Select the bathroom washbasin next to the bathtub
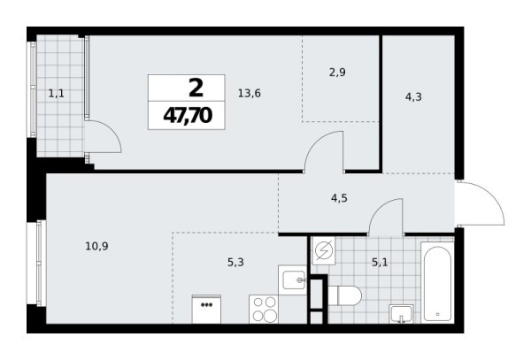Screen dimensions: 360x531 click(402, 313)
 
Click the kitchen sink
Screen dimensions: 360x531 click(291, 281)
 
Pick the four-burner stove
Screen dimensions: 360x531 click(265, 310)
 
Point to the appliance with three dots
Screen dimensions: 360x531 click(207, 310)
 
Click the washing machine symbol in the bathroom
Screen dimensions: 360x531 click(324, 250)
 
